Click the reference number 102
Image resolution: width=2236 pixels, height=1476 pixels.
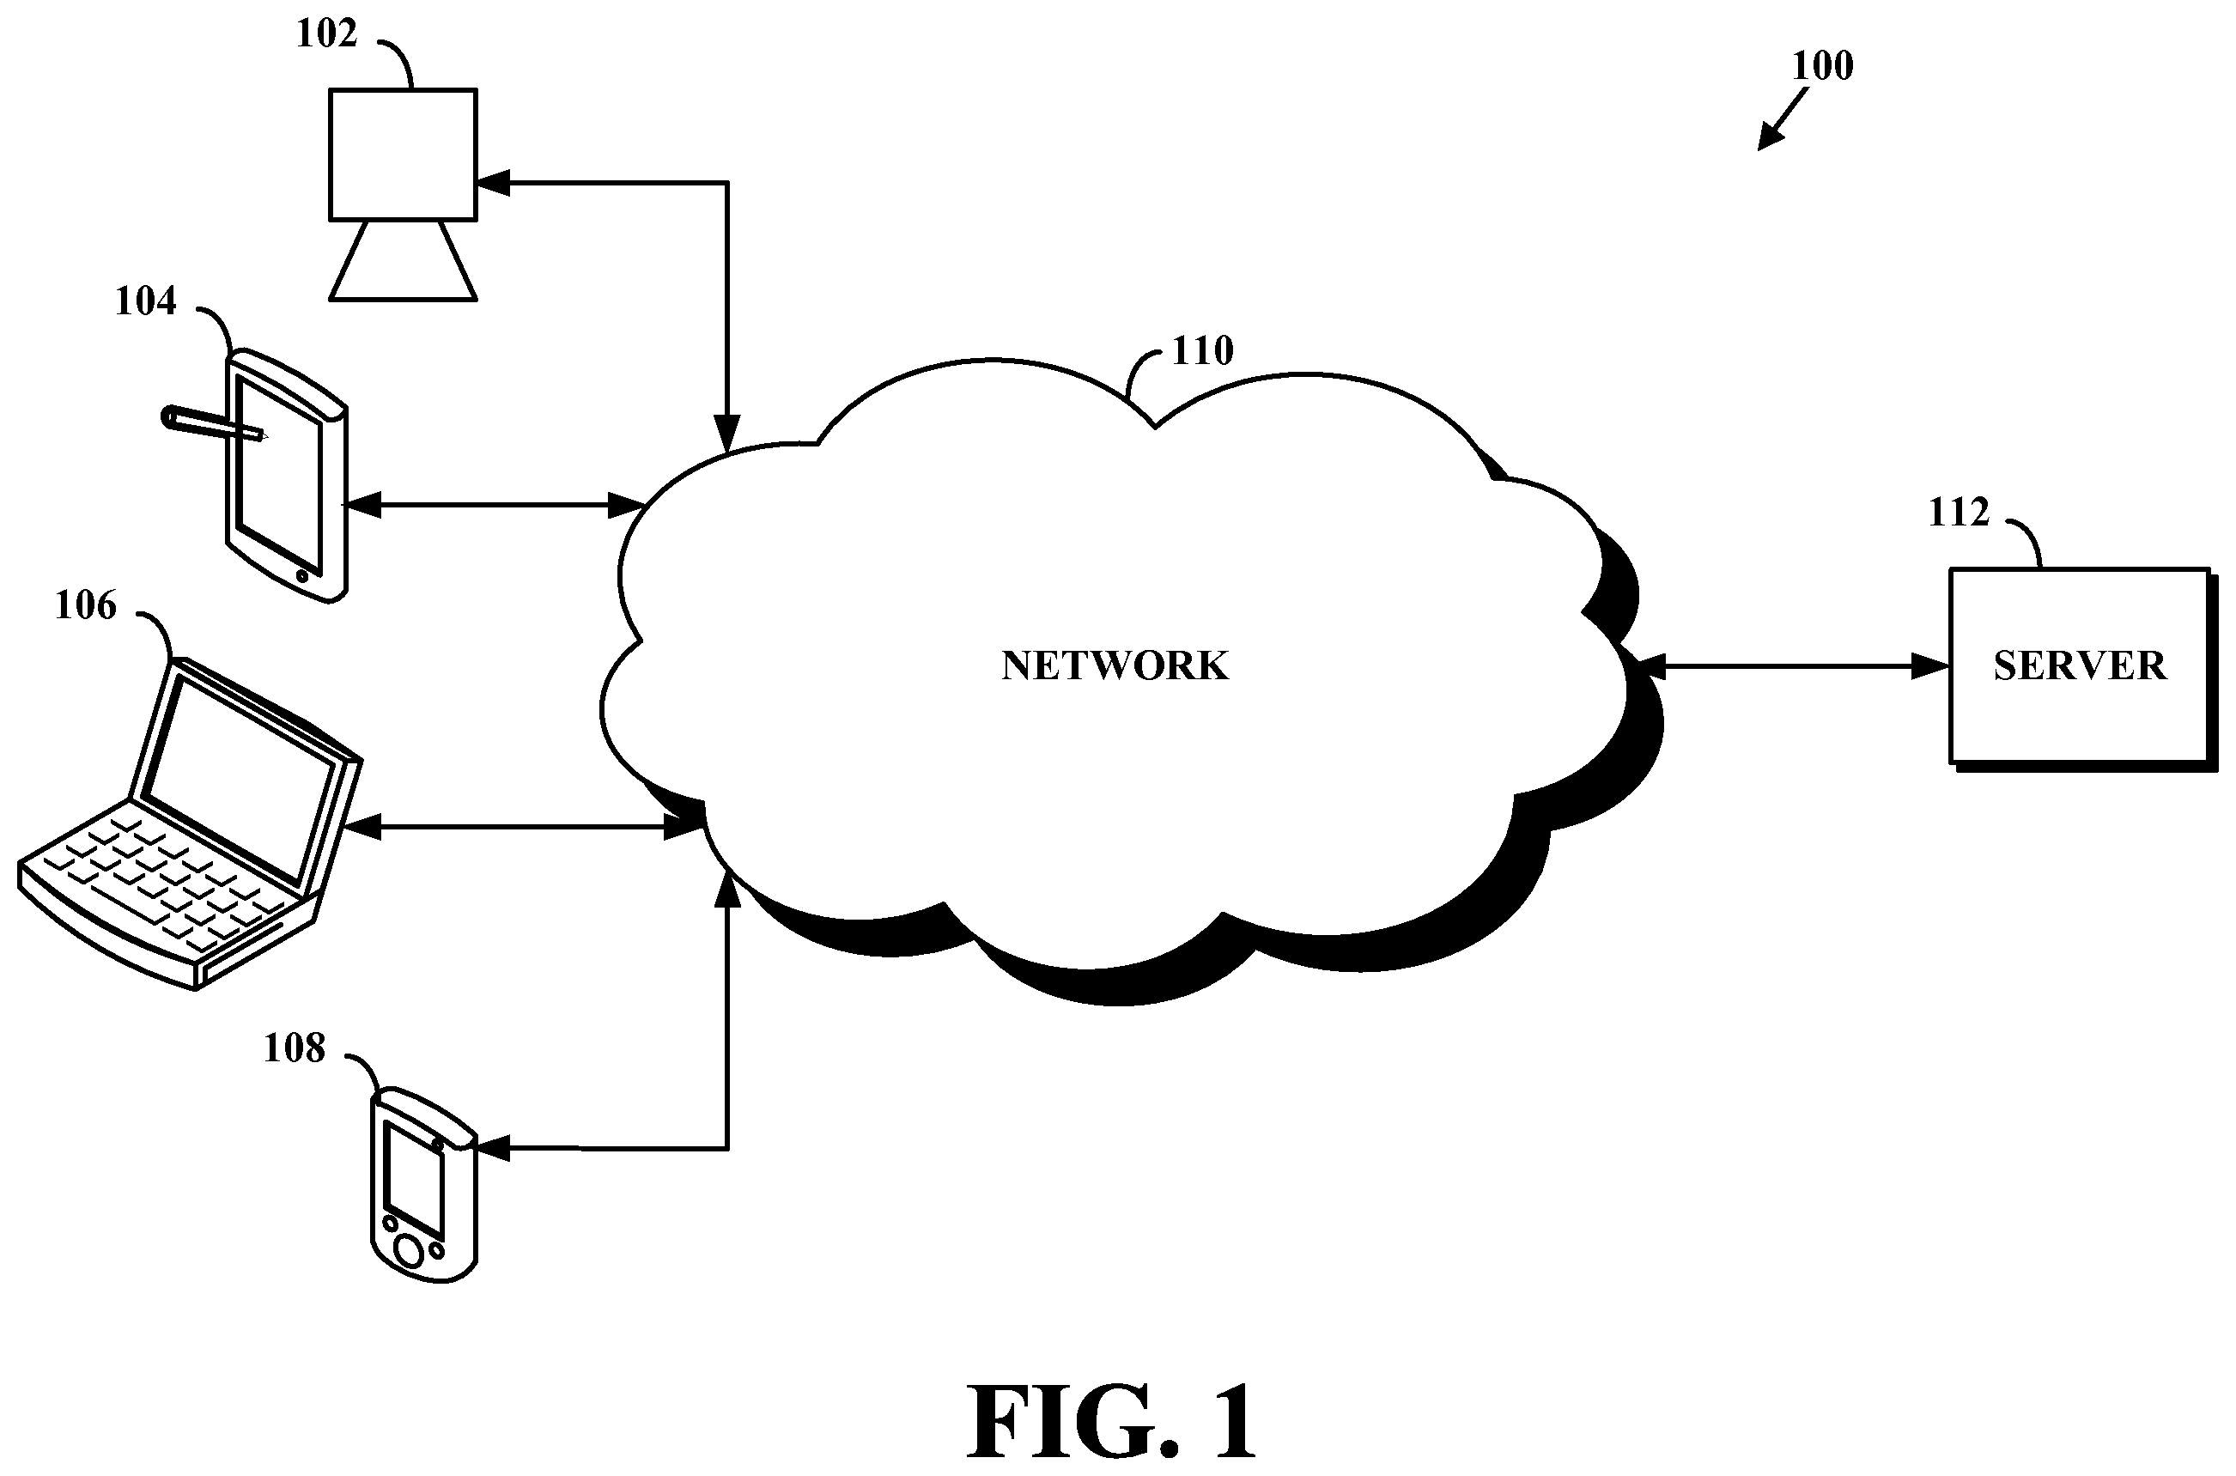pyautogui.click(x=326, y=33)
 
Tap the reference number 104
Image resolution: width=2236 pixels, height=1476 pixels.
pyautogui.click(x=146, y=301)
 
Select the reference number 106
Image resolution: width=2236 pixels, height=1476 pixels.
pyautogui.click(x=86, y=605)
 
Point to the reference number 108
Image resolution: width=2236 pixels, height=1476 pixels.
pyautogui.click(x=295, y=1048)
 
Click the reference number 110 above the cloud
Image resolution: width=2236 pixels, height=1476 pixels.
pyautogui.click(x=1202, y=351)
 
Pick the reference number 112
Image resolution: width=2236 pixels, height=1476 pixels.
pyautogui.click(x=1960, y=512)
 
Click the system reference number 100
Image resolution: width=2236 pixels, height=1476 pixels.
pyautogui.click(x=1822, y=66)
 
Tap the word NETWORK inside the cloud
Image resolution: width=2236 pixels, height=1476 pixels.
pyautogui.click(x=1115, y=665)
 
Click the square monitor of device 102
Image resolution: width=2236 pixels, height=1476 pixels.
pyautogui.click(x=403, y=155)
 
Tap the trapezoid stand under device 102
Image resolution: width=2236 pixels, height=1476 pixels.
pyautogui.click(x=403, y=261)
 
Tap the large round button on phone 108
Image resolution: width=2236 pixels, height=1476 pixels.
pyautogui.click(x=410, y=1252)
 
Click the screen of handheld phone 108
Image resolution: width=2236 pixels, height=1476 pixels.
pyautogui.click(x=413, y=1180)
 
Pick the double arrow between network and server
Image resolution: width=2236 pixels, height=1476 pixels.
pyautogui.click(x=1793, y=667)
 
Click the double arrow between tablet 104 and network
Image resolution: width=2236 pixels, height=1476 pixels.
pyautogui.click(x=494, y=506)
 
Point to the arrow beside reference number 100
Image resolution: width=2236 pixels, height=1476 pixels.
pyautogui.click(x=1783, y=119)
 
